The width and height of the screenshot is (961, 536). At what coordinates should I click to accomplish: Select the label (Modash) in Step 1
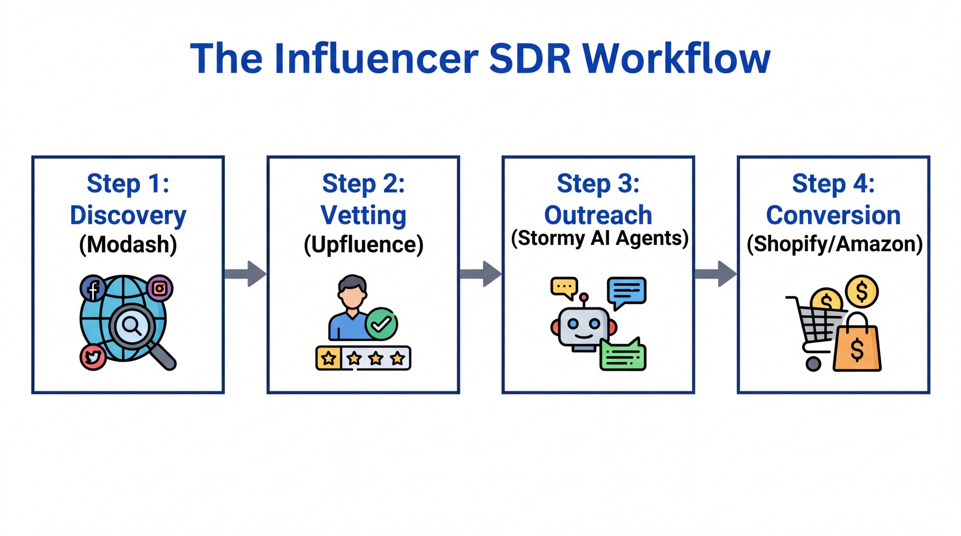point(128,245)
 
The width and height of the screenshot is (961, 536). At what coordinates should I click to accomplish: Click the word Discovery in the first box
point(128,215)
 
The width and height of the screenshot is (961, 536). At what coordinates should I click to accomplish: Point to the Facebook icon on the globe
point(93,288)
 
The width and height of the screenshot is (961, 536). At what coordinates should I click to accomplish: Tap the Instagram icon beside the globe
point(160,288)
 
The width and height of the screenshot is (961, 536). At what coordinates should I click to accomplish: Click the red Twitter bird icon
point(93,357)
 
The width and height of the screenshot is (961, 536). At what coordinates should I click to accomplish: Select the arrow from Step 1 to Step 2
point(245,274)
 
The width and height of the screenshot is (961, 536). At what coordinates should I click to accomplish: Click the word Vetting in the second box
point(363,215)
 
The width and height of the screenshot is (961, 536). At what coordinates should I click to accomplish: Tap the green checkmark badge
point(381,324)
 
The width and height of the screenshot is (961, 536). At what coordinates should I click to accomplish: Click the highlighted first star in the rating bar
point(329,358)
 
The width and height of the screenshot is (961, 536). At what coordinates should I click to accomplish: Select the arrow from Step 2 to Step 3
point(480,274)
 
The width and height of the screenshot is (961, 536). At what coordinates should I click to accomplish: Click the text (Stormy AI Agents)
point(599,238)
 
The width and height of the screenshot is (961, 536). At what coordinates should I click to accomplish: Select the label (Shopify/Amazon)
point(834,245)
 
